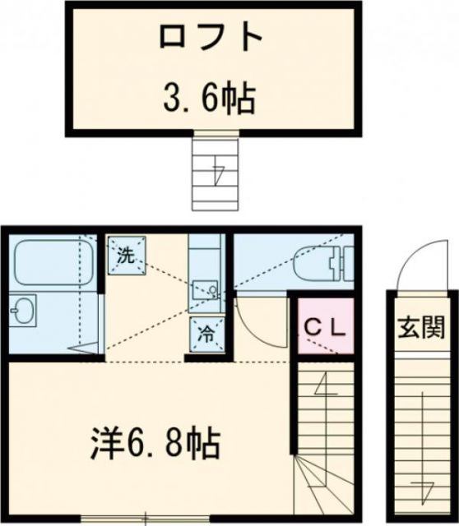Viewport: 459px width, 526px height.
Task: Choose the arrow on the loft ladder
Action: (x=217, y=174)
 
